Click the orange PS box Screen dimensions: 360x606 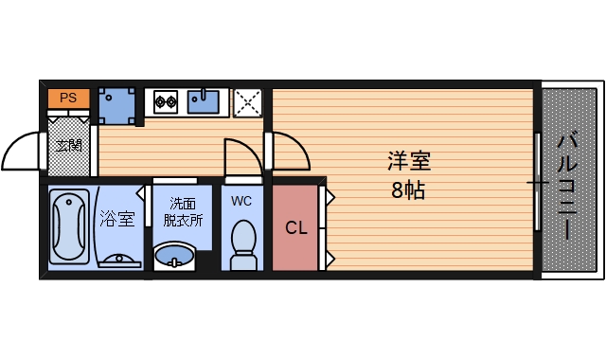coord(68,98)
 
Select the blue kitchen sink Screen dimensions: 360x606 coord(204,99)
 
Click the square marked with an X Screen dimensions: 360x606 coord(248,101)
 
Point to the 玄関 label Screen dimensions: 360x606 coord(67,145)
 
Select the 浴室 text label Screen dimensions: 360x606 coord(117,220)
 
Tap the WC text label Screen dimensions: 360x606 coord(241,200)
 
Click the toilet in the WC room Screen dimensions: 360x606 coord(244,242)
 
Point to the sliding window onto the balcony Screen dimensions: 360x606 coord(539,181)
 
